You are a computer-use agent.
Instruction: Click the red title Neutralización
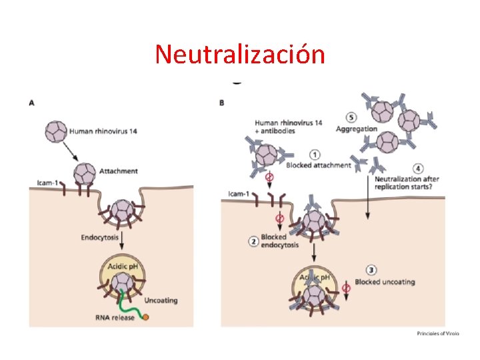pyautogui.click(x=240, y=54)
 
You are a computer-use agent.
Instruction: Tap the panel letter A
pyautogui.click(x=32, y=103)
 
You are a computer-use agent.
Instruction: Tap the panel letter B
pyautogui.click(x=221, y=103)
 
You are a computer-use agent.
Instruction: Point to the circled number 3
pyautogui.click(x=371, y=270)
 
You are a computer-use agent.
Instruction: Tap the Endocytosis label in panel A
pyautogui.click(x=100, y=237)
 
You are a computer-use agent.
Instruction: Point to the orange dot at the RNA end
pyautogui.click(x=145, y=317)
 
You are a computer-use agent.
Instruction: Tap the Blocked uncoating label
pyautogui.click(x=385, y=282)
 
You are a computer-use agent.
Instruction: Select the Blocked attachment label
pyautogui.click(x=318, y=165)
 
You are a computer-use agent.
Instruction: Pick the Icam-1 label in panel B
pyautogui.click(x=239, y=194)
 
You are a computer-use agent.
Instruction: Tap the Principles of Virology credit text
pyautogui.click(x=439, y=333)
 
